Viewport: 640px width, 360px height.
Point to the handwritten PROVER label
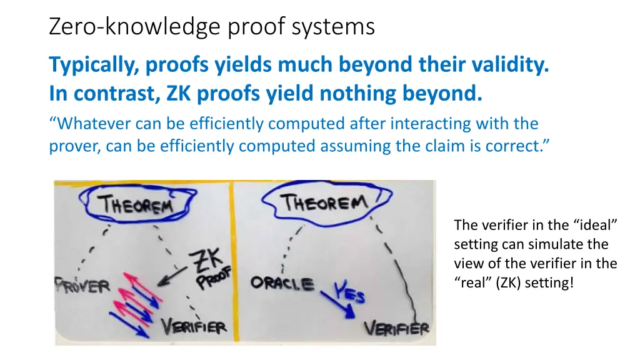coord(82,286)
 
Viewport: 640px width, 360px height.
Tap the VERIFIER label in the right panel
coord(396,327)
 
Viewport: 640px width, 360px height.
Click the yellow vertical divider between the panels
coord(232,262)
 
